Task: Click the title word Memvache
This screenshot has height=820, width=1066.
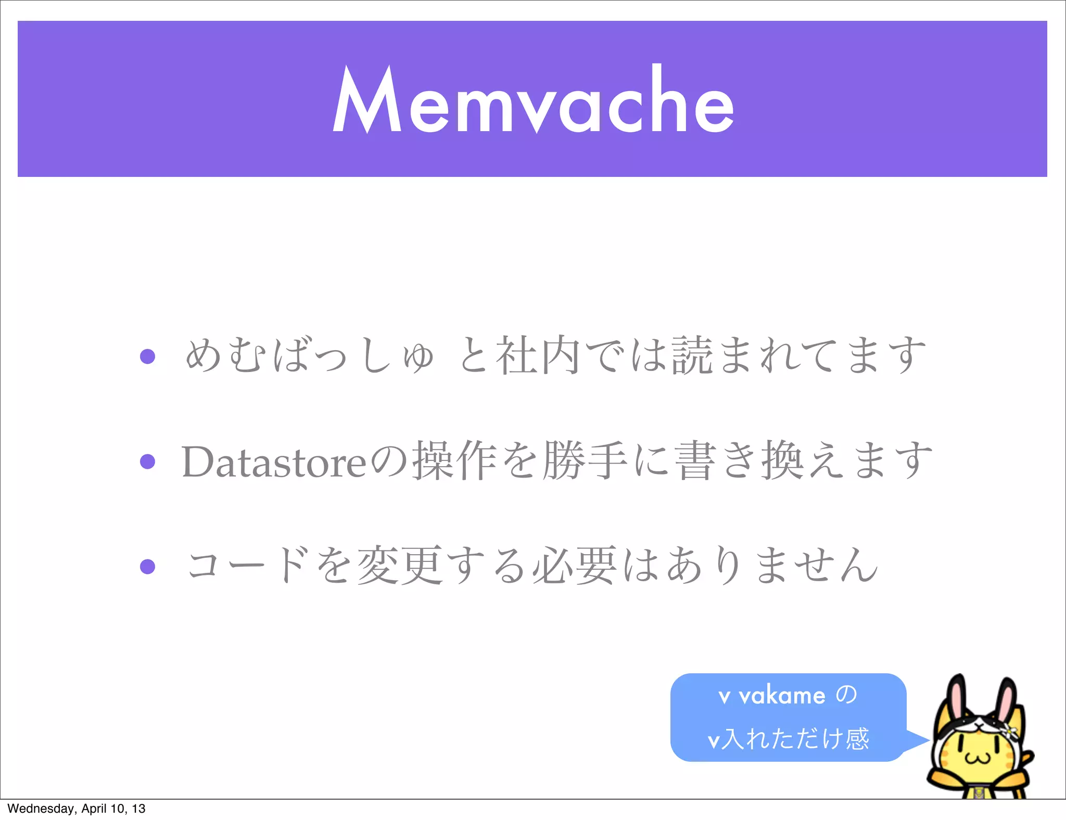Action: (x=533, y=100)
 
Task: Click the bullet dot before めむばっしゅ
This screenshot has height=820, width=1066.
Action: (x=148, y=356)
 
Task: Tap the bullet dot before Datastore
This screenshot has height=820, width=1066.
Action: (x=148, y=462)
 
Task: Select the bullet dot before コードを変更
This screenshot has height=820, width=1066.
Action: (x=148, y=566)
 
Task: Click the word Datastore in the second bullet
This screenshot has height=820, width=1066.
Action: (x=274, y=462)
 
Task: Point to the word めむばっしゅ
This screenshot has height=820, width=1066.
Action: (x=309, y=356)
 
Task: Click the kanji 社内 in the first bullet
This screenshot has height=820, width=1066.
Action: (x=538, y=356)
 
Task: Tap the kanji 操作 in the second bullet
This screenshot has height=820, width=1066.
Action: (x=454, y=461)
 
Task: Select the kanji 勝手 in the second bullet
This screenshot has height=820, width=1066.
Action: (x=585, y=461)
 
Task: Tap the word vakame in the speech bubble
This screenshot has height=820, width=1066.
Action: (x=782, y=696)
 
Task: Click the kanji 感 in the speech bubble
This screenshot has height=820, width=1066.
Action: (x=857, y=739)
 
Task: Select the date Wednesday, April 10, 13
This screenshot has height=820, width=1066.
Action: (x=77, y=809)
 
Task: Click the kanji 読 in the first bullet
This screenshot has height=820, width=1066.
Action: (x=692, y=356)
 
